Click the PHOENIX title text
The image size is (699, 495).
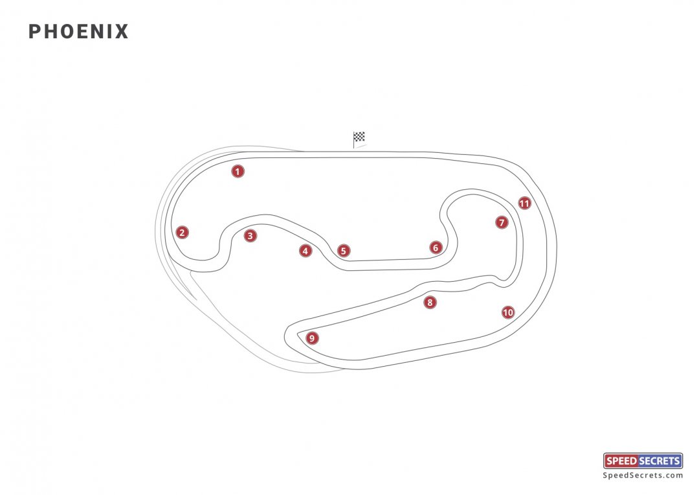tap(78, 32)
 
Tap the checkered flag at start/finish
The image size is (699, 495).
tap(359, 137)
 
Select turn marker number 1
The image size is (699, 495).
tap(238, 172)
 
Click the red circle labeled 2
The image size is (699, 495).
tap(183, 233)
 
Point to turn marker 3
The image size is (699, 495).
tap(250, 236)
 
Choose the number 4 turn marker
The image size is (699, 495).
tap(305, 251)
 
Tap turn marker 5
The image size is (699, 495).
tap(344, 251)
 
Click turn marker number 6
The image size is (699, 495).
tap(436, 247)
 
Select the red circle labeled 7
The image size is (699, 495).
tap(502, 222)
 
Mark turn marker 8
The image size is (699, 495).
tap(430, 303)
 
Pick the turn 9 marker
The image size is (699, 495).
tap(313, 338)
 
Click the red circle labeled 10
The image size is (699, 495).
tap(508, 312)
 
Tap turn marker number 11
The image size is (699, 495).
tap(524, 203)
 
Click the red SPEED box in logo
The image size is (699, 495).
tap(621, 461)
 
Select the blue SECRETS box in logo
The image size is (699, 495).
tap(660, 461)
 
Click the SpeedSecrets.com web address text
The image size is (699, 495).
tap(643, 476)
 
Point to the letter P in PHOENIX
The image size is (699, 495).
tap(34, 32)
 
